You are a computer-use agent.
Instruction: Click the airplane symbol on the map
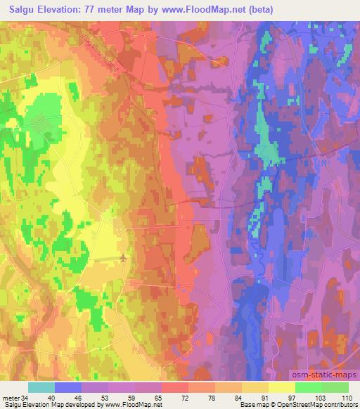(124, 258)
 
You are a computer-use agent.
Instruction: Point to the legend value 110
(347, 397)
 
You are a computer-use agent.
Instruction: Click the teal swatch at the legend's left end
(41, 387)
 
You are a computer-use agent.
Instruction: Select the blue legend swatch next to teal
(68, 387)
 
